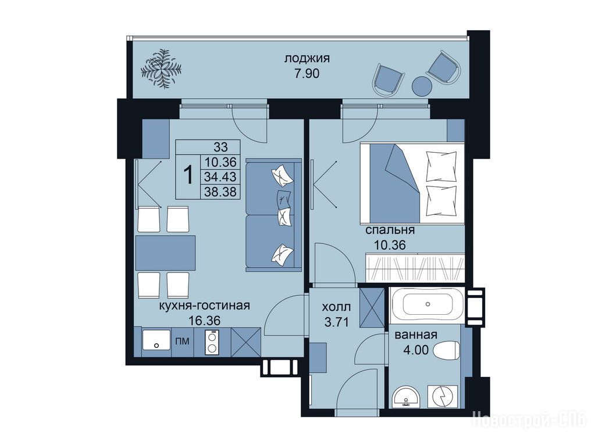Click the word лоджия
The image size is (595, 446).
pos(307,58)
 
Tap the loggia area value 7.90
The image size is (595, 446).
pos(307,73)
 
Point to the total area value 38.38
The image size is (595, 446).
pos(220,192)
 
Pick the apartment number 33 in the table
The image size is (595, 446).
pos(220,147)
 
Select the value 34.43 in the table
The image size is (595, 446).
pos(220,177)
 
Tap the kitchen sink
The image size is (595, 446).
pos(156,340)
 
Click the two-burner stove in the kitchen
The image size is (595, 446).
pos(212,342)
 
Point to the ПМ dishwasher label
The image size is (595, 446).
pos(183,341)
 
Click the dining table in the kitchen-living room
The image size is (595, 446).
pos(165,253)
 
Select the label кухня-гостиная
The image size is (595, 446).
pos(205,305)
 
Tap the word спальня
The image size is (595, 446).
pos(390,230)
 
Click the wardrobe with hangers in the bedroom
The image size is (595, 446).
pos(415,268)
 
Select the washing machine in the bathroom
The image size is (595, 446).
pos(443,397)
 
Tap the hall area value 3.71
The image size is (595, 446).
pos(336,322)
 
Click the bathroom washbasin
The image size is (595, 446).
pos(407,397)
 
